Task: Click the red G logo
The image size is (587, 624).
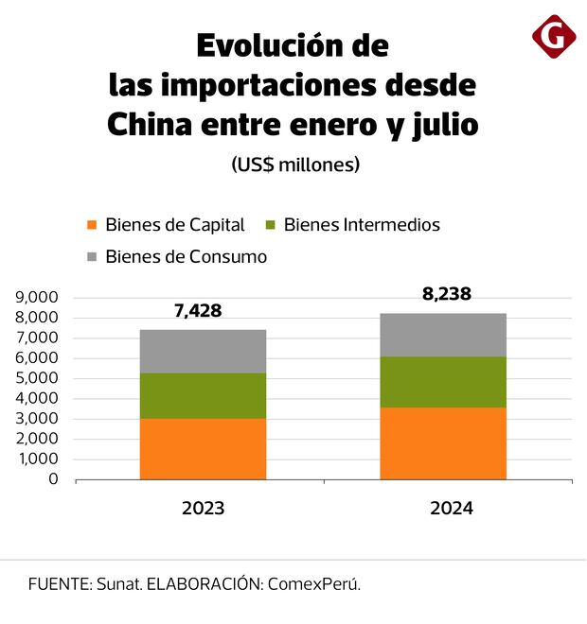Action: (554, 37)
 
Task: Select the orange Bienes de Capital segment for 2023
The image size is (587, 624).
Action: (203, 449)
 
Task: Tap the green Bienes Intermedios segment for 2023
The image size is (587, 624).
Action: (203, 395)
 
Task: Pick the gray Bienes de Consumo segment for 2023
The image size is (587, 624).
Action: (203, 351)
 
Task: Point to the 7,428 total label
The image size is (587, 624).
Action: (197, 310)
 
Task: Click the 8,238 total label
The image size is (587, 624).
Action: (447, 293)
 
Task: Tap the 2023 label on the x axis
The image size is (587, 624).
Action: (203, 509)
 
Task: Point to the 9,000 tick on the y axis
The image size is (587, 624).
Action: (37, 298)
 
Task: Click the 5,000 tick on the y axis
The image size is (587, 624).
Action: (37, 378)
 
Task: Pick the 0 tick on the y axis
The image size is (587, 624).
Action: (53, 479)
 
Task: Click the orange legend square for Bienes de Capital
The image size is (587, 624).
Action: (92, 225)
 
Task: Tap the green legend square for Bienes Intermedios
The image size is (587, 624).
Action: (270, 225)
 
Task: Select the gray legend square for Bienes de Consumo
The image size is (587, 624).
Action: (92, 256)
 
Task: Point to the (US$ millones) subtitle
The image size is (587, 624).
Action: (295, 165)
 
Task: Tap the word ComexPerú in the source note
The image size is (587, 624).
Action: (313, 583)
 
